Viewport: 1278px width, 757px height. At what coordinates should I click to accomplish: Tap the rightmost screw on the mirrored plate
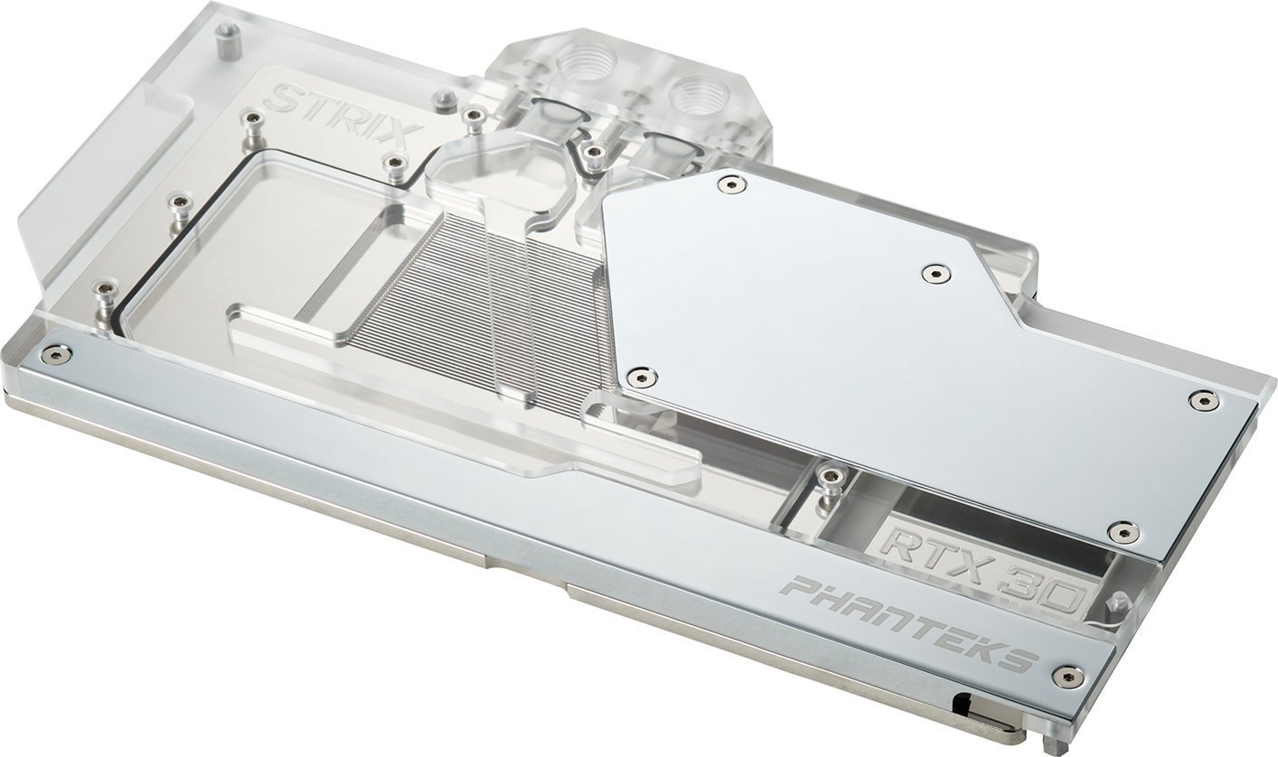pyautogui.click(x=1202, y=400)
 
